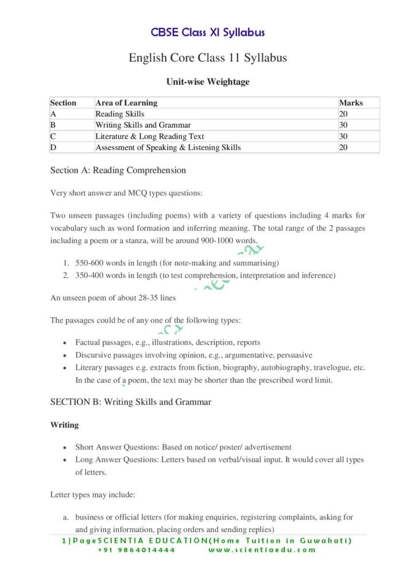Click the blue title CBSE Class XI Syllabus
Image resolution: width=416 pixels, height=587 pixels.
click(208, 32)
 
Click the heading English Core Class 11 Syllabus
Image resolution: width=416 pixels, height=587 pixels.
click(208, 58)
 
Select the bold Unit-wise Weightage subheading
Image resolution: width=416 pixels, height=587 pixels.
click(208, 82)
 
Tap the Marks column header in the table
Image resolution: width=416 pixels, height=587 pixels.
click(351, 103)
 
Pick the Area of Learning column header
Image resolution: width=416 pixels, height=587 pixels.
click(126, 103)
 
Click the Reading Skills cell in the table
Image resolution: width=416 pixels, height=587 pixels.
click(120, 114)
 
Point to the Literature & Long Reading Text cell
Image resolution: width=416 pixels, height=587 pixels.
click(150, 136)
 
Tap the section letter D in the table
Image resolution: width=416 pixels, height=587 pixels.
click(53, 147)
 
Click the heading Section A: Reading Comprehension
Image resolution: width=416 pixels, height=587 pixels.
click(118, 170)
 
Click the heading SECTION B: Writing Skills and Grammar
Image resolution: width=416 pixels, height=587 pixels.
click(131, 402)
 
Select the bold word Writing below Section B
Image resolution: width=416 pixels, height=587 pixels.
click(64, 425)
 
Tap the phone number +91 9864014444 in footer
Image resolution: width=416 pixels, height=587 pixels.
click(136, 550)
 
